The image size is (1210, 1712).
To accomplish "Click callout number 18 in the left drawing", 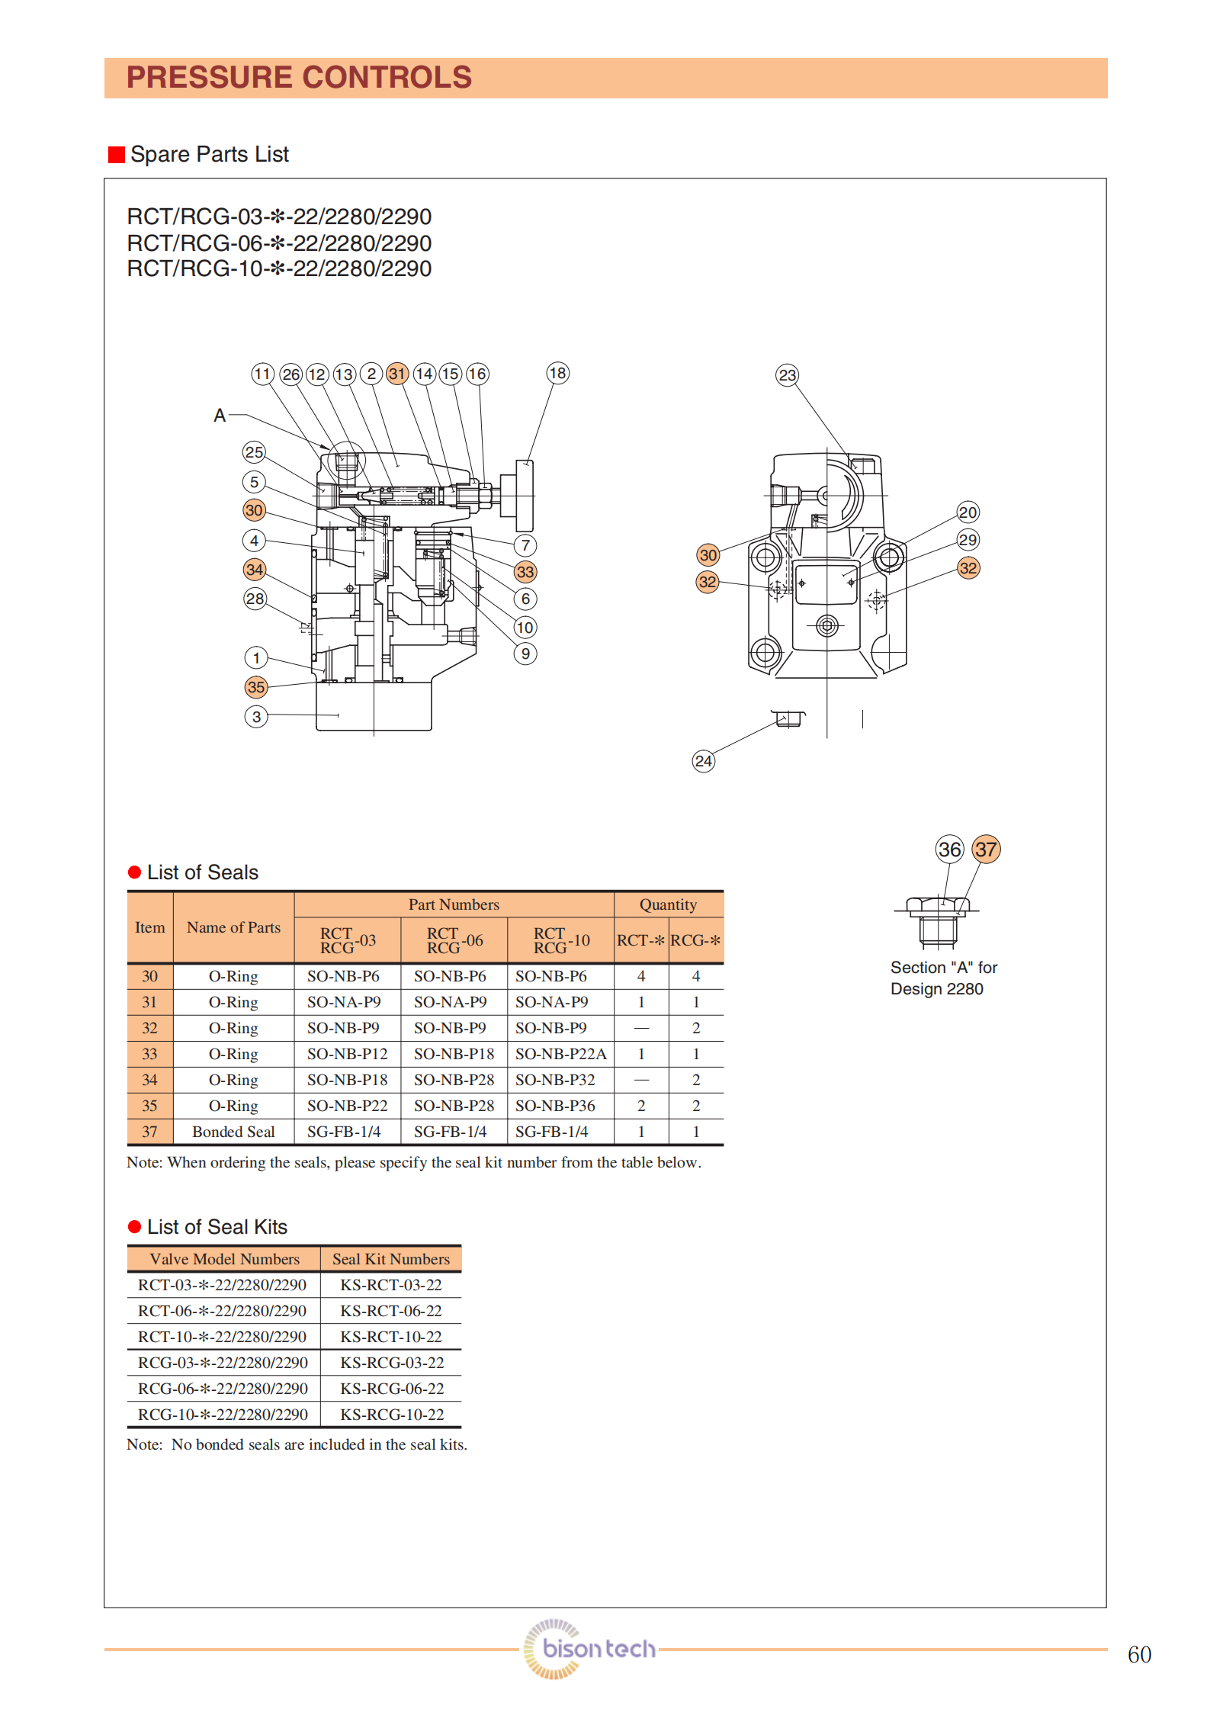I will click(x=557, y=373).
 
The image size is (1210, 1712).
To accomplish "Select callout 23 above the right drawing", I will click(x=787, y=375).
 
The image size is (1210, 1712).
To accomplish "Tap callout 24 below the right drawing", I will click(x=703, y=760).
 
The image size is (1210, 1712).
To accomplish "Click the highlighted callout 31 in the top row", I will click(x=396, y=374).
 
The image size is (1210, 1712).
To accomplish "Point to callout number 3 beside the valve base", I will click(x=256, y=717).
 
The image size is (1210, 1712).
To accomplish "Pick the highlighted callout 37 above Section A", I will click(x=986, y=849).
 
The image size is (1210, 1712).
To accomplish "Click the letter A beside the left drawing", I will click(x=220, y=416).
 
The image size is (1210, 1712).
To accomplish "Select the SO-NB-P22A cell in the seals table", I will click(x=560, y=1054).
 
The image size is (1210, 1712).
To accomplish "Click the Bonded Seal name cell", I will click(x=233, y=1132).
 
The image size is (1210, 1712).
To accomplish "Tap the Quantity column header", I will click(x=668, y=904).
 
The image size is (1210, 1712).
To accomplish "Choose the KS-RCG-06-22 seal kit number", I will click(x=391, y=1389).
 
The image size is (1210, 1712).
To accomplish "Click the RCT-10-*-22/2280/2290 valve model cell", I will click(x=222, y=1337).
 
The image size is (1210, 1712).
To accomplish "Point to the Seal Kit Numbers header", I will click(x=390, y=1259).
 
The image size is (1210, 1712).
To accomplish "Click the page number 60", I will click(x=1139, y=1654).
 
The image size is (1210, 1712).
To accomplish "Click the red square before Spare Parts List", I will click(x=117, y=155).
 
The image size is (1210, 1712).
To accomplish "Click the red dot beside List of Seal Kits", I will click(x=135, y=1227).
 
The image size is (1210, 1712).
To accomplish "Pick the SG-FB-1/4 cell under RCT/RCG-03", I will click(x=344, y=1132).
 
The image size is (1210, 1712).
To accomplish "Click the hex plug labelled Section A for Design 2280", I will click(x=938, y=921).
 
